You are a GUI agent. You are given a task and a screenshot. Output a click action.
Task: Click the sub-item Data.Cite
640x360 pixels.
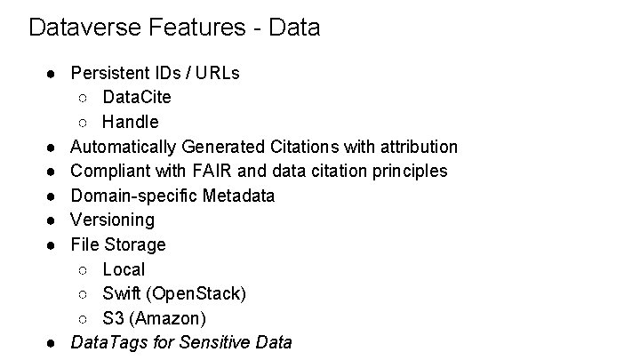point(137,97)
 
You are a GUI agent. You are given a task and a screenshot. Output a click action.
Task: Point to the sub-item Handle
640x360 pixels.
point(130,122)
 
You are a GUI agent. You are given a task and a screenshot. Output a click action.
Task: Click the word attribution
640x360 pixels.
point(416,146)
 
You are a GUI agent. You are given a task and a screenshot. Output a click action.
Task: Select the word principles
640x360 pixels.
point(406,171)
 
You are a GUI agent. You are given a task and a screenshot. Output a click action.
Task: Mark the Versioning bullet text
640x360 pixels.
point(112,220)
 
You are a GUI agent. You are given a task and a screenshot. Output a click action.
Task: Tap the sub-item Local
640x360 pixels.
point(124,268)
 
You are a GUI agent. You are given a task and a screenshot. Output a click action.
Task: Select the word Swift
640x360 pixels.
point(121,293)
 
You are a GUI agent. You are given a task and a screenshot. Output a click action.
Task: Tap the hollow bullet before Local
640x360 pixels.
point(83,269)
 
